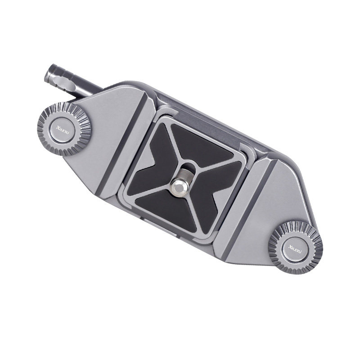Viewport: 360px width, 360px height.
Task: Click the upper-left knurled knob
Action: click(x=64, y=129)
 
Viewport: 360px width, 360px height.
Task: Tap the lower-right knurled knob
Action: click(x=296, y=247)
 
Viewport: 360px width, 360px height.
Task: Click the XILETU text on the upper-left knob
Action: click(x=62, y=130)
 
